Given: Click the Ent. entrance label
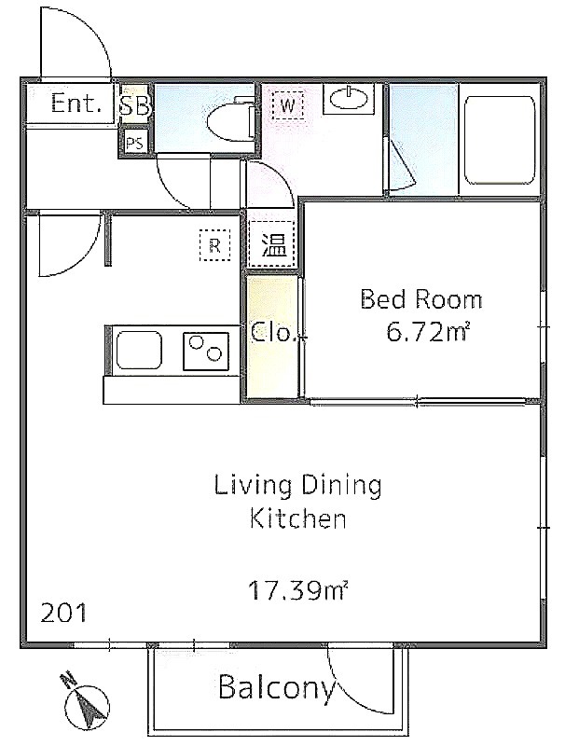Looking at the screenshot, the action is coord(76,103).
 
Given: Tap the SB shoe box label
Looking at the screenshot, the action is coord(135,105).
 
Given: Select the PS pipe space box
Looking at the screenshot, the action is coord(134,143).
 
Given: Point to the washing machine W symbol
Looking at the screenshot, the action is coord(288,104).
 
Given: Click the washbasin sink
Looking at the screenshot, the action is coord(349,99).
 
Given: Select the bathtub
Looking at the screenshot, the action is coord(500,140).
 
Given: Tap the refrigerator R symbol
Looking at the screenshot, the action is coord(215,245).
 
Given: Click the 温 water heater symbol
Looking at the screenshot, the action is coord(273,245).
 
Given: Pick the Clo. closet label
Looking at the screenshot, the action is coord(273,332).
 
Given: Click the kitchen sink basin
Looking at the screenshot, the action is coord(138,351).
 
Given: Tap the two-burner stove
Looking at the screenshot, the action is coord(205,352).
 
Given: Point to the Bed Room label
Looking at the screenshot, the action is coord(420,299).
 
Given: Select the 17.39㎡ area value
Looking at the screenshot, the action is coord(298,590).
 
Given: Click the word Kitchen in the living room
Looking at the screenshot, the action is coord(298,518).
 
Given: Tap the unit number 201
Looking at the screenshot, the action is coord(63,613).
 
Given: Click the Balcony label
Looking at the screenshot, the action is coord(276,688).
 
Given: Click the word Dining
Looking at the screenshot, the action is coord(341,486).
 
